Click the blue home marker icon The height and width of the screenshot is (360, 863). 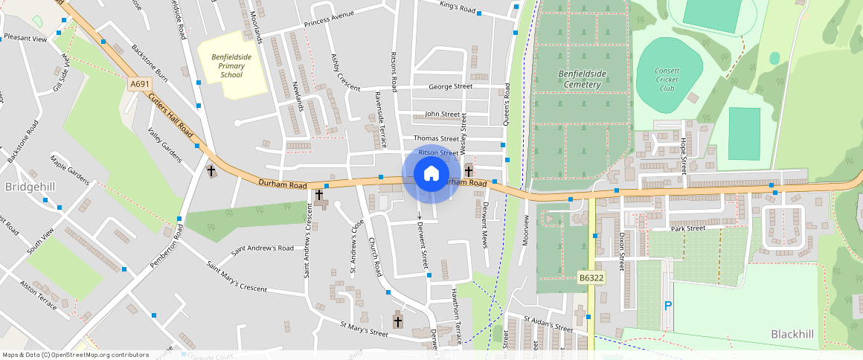tap(431, 175)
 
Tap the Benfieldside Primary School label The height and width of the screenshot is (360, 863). tap(231, 65)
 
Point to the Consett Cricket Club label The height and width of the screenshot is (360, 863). tap(667, 80)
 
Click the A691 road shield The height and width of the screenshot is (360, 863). tap(138, 85)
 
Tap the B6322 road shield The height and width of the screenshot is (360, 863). tap(591, 278)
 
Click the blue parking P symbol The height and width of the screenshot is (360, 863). tap(667, 306)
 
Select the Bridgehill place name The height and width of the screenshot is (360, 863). tap(30, 185)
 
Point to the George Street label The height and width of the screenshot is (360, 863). tap(450, 86)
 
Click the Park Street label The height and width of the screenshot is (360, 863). tap(687, 228)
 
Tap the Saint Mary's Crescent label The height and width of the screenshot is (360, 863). tap(237, 276)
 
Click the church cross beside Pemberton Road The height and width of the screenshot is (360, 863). tap(211, 171)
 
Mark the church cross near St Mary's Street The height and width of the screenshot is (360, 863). tap(398, 321)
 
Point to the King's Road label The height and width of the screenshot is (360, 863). tap(457, 9)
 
